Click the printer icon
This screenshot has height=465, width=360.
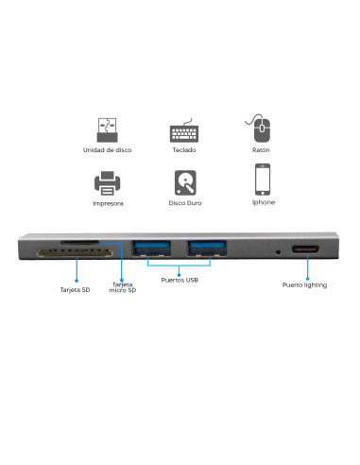(x=108, y=181)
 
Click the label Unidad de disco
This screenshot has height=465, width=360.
(x=108, y=151)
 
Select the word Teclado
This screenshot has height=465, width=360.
(x=185, y=151)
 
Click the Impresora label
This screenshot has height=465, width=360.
(x=108, y=202)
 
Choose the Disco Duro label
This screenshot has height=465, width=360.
(x=185, y=202)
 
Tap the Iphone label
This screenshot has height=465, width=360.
(x=264, y=202)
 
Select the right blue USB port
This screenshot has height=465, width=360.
(x=206, y=250)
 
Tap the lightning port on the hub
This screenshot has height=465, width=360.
(x=306, y=251)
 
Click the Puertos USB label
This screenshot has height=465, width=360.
(x=180, y=280)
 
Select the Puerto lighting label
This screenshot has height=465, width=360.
(x=305, y=284)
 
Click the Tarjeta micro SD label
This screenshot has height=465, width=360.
(x=123, y=287)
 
